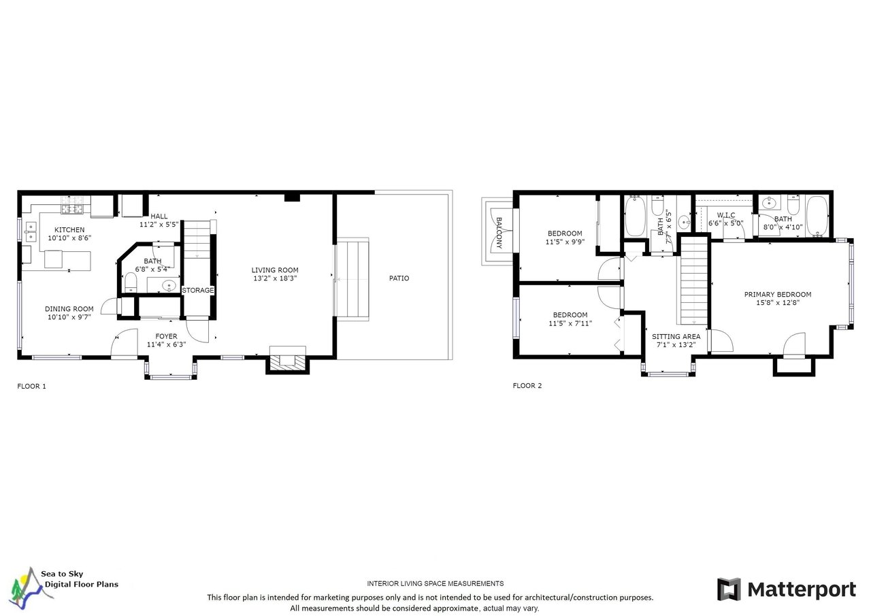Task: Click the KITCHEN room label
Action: (69, 230)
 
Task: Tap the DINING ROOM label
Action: (69, 309)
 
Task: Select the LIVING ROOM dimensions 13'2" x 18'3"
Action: (275, 278)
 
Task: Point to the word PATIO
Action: (399, 278)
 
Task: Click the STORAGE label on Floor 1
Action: (198, 290)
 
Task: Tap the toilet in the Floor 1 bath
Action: (131, 282)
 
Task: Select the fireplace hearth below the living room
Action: (288, 361)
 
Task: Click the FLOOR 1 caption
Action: (31, 386)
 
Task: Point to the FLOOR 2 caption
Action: (527, 385)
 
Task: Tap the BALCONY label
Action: (499, 233)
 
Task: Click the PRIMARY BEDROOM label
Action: (778, 295)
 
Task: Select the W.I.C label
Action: (726, 215)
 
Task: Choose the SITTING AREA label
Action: (676, 336)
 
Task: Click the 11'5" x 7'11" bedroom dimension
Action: (570, 323)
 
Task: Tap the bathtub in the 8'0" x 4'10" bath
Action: (817, 216)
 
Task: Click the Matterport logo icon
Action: (729, 589)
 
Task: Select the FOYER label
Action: (167, 336)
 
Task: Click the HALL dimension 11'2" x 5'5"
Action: (159, 225)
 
